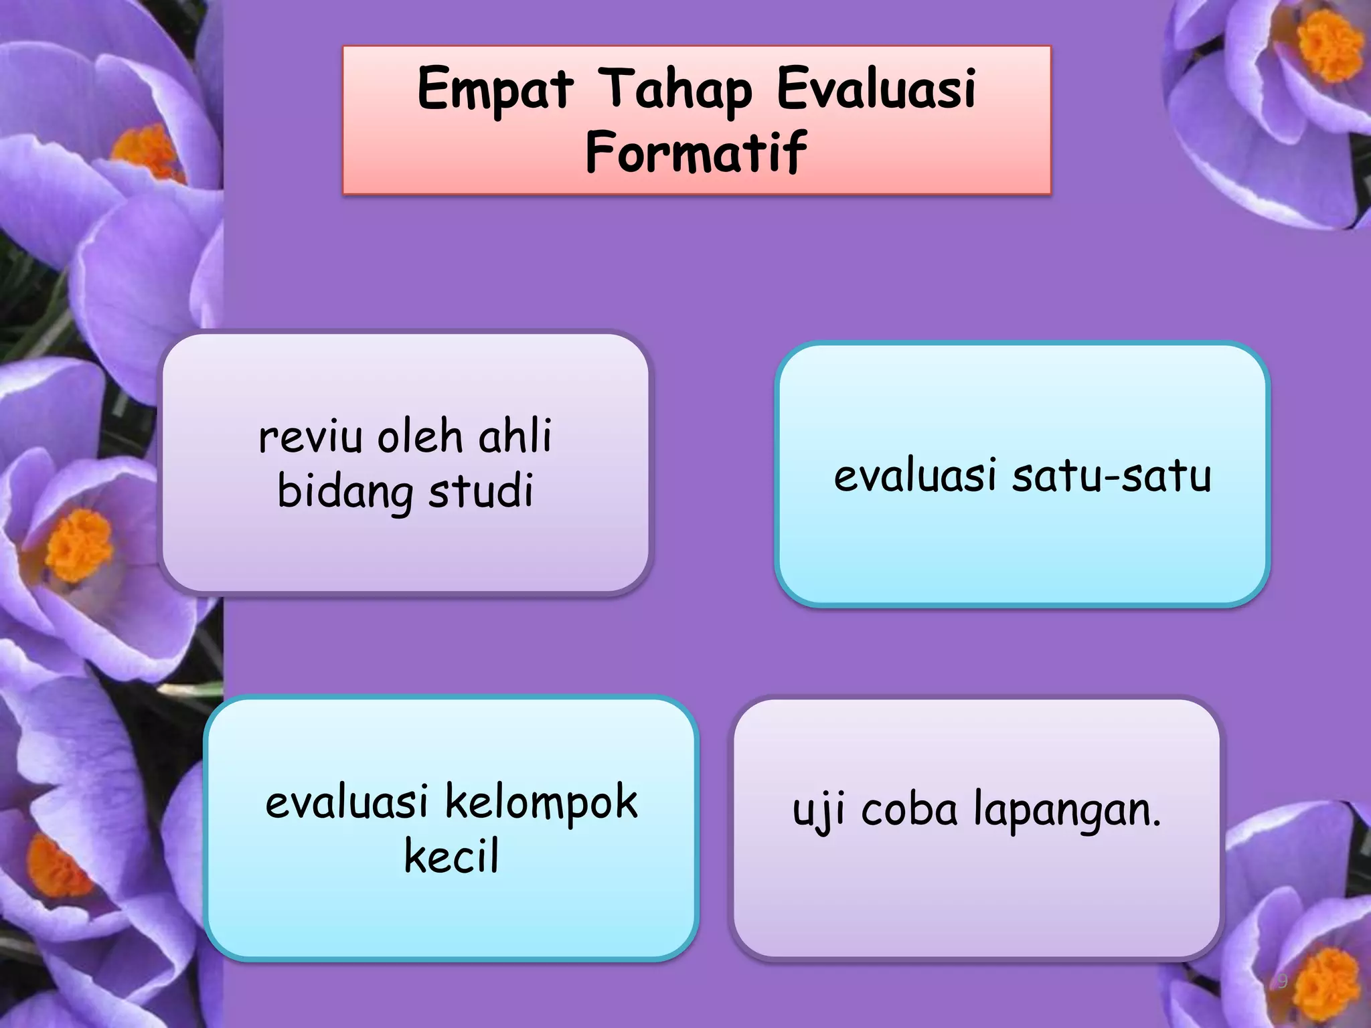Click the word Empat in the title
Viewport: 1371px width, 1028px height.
coord(495,89)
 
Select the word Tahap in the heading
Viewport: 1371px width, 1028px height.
coord(675,89)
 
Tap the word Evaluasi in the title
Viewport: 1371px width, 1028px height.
coord(876,89)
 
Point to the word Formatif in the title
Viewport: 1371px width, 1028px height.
coord(696,152)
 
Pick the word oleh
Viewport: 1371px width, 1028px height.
coord(420,437)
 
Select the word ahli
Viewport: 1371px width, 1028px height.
coord(515,436)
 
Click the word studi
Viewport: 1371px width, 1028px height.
coord(481,491)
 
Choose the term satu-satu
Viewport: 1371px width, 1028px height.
coord(1111,476)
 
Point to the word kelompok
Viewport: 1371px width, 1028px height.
coord(542,802)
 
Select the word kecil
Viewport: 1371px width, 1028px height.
coord(452,857)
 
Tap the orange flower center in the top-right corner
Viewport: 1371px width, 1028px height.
coord(1329,46)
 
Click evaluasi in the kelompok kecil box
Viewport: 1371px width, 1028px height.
coord(347,802)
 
